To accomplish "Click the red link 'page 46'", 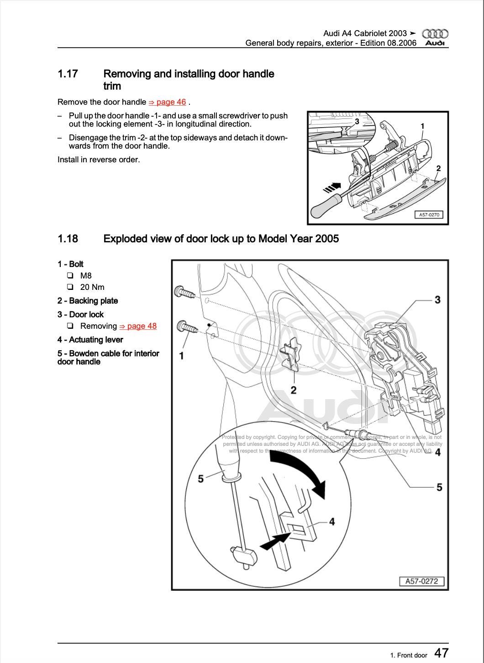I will click(x=167, y=102).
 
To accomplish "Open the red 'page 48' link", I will click(x=138, y=326).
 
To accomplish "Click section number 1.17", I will click(x=68, y=74).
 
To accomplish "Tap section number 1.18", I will click(x=68, y=239).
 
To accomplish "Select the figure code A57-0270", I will click(x=429, y=214).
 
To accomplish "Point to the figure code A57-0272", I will click(x=421, y=581).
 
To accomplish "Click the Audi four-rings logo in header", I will click(x=435, y=33).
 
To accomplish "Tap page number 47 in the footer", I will click(x=441, y=653).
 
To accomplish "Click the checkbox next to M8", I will click(x=70, y=276).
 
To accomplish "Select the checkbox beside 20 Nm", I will click(x=70, y=287).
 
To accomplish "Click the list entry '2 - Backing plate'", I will click(x=88, y=301).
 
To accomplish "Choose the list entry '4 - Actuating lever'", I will click(x=90, y=340).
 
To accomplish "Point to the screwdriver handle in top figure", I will click(x=323, y=206).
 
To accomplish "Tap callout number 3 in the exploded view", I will click(x=437, y=300).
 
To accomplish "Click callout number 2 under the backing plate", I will click(x=294, y=390).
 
